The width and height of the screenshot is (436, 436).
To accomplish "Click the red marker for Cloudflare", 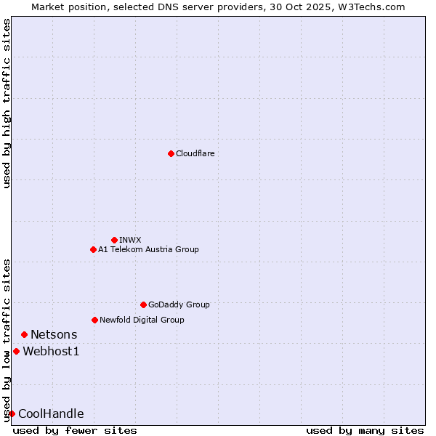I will click(x=171, y=153).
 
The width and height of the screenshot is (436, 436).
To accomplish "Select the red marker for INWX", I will click(x=114, y=240).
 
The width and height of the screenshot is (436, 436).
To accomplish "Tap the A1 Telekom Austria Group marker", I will click(x=93, y=249).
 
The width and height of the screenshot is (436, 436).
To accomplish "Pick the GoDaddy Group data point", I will click(x=143, y=304).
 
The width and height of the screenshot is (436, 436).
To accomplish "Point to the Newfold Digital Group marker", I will click(x=94, y=320).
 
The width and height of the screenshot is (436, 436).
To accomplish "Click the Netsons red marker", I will click(x=24, y=334).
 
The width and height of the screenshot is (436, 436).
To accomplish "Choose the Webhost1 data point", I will click(x=16, y=351).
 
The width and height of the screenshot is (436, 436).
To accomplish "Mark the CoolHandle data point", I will click(x=12, y=413).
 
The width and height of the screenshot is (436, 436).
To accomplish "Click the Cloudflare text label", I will click(x=195, y=153).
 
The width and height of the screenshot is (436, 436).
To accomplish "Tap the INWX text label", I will click(x=130, y=240).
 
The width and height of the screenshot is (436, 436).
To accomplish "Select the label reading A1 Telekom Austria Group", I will click(x=148, y=249).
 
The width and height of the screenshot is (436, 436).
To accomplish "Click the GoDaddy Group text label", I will click(x=179, y=304).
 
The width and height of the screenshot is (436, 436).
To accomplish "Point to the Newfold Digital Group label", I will click(x=142, y=320).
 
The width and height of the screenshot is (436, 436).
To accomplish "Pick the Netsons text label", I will click(x=54, y=334).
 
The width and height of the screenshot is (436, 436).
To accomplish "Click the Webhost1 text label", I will click(x=51, y=351).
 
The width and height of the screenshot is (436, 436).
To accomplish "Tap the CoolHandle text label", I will click(x=51, y=413).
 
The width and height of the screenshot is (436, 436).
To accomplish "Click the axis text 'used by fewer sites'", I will click(x=75, y=430).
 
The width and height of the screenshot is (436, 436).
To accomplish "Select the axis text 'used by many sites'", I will click(x=365, y=430).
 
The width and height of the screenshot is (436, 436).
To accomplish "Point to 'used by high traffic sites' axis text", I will click(x=7, y=103).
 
